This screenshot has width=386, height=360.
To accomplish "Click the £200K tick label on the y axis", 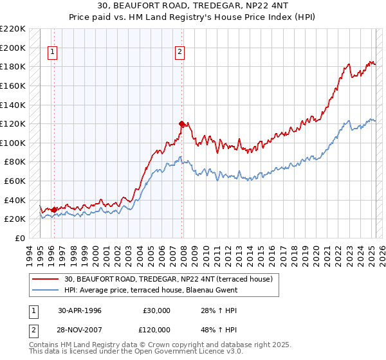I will [x=13, y=48].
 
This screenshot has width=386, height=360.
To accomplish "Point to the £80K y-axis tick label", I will [x=15, y=162].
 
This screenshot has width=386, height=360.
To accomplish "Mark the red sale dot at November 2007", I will [x=182, y=123].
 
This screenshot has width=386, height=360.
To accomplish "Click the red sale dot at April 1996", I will [x=54, y=209].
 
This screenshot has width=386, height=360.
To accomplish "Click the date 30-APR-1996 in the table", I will [x=80, y=310].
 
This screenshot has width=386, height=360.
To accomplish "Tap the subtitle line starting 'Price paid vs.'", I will [x=193, y=18].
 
